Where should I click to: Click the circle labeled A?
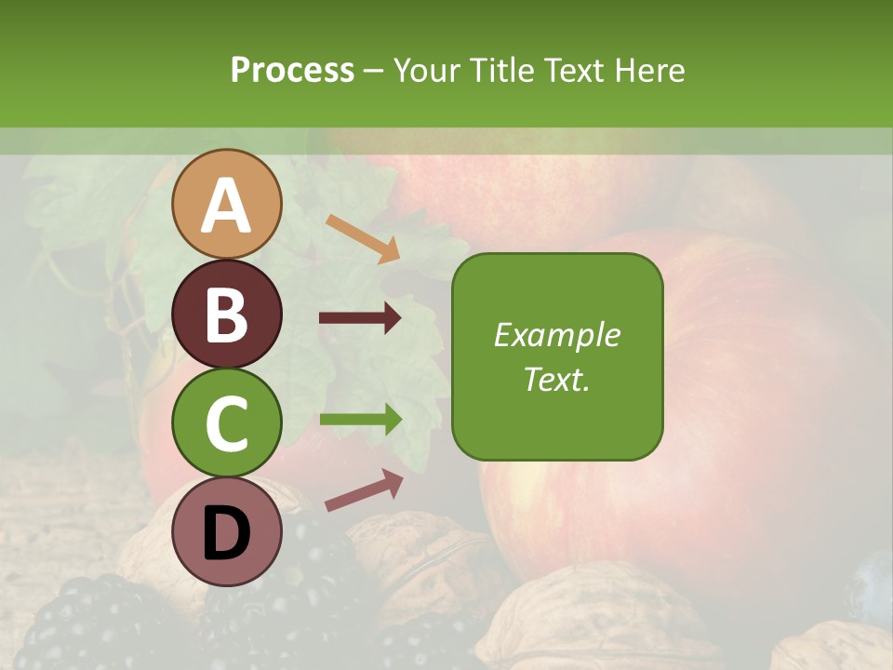tap(226, 204)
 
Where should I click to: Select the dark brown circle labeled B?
tap(226, 314)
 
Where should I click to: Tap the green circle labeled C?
tap(226, 423)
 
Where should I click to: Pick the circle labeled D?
tap(226, 532)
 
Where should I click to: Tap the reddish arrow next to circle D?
tap(364, 490)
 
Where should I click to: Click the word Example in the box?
tap(557, 335)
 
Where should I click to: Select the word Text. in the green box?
tap(557, 379)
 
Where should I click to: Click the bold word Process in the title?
tap(292, 70)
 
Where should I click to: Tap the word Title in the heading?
tap(497, 70)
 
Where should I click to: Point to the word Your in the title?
tap(423, 70)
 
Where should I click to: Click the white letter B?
tap(226, 315)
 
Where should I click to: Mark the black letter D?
tap(226, 533)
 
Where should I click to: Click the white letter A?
tap(226, 206)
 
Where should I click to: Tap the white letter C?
tap(226, 424)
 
